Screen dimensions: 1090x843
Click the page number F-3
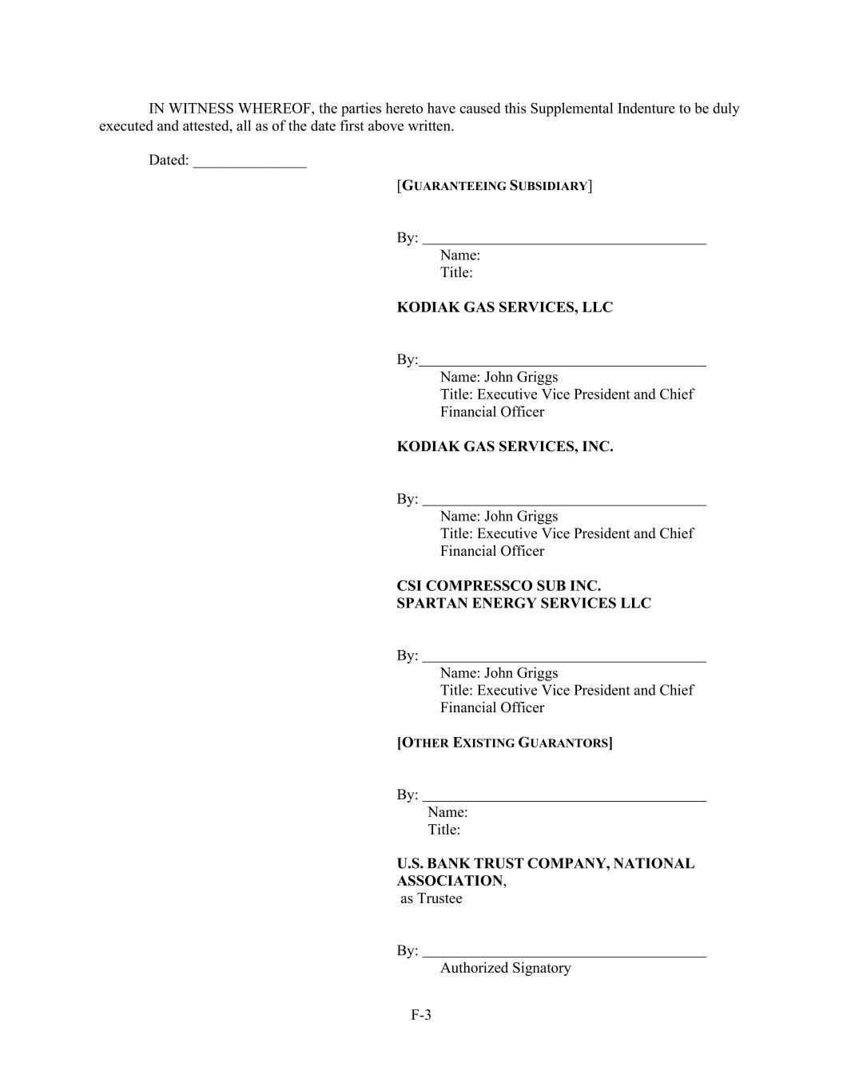click(x=421, y=1015)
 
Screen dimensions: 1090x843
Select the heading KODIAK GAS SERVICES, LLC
click(x=504, y=307)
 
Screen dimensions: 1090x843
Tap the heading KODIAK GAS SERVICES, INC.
click(x=504, y=446)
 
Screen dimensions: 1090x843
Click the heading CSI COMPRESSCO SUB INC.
click(x=499, y=585)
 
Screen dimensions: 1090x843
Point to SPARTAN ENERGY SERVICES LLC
click(x=523, y=603)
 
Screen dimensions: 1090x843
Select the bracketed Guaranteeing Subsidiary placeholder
click(x=495, y=186)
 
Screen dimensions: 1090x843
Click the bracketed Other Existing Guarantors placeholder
click(x=504, y=743)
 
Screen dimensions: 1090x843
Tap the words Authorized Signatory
click(x=505, y=968)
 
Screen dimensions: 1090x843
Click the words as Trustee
click(x=431, y=898)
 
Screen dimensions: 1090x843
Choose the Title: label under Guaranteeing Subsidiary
click(x=456, y=272)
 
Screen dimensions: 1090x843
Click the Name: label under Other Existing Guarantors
click(x=447, y=812)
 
